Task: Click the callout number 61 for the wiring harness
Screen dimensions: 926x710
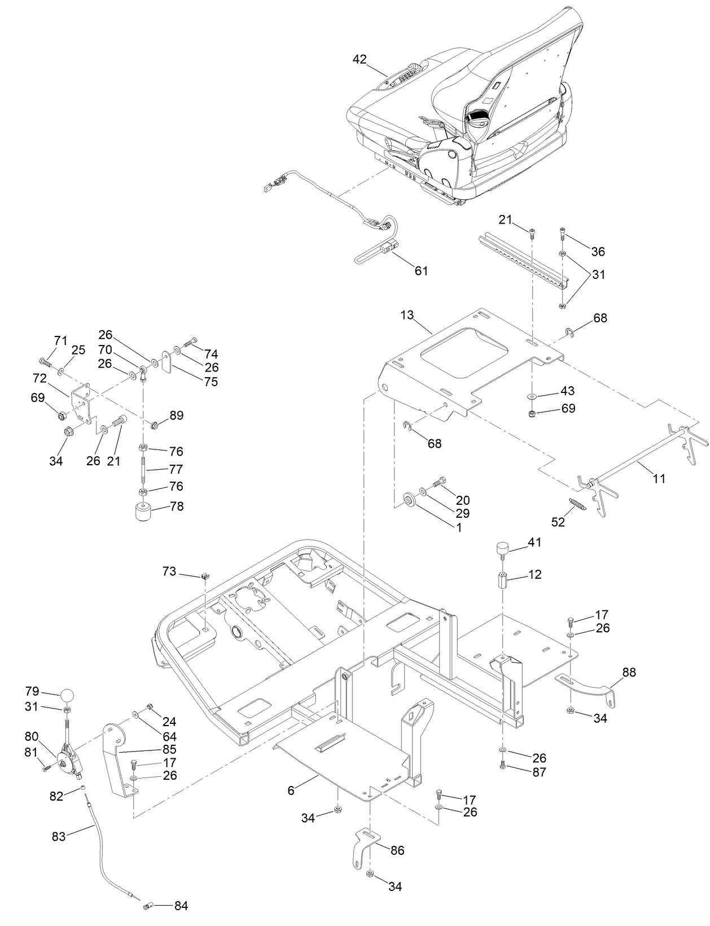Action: (x=421, y=271)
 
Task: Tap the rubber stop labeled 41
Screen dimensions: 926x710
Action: (x=502, y=548)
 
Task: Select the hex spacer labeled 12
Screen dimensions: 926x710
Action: (x=502, y=580)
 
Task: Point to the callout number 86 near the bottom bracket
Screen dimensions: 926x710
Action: (x=397, y=850)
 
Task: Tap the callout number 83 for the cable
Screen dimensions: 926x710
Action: (x=59, y=836)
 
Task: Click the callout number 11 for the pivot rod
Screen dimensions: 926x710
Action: (x=659, y=479)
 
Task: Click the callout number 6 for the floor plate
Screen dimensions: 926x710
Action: (x=291, y=790)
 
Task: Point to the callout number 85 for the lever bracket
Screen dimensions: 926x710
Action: (x=169, y=750)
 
